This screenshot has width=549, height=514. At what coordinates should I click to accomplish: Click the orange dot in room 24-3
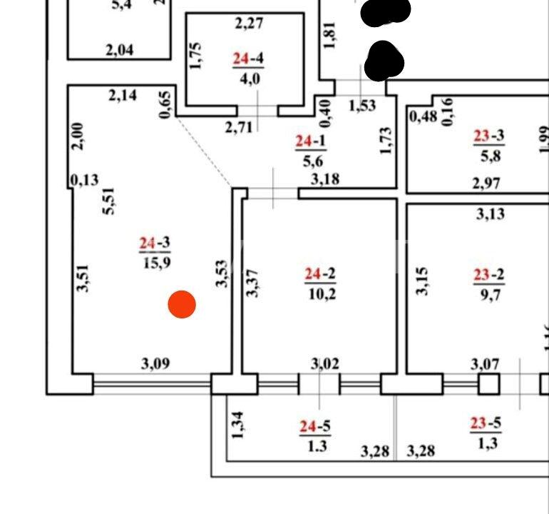point(182,305)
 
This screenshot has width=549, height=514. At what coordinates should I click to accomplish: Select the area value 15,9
point(154,262)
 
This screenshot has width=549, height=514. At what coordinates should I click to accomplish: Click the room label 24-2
point(320,274)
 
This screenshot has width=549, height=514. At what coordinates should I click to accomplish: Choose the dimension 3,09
point(155,363)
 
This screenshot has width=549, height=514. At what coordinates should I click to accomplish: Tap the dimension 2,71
point(240,128)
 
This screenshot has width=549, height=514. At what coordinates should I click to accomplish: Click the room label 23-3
point(488,136)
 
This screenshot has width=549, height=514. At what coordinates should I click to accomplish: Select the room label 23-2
point(488,274)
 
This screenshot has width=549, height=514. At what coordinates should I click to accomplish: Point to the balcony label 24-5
point(314,427)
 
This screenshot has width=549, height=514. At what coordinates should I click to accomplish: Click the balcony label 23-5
point(485,424)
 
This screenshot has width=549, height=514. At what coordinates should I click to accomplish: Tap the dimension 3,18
point(324,178)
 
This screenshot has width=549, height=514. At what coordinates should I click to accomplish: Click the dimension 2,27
point(250,24)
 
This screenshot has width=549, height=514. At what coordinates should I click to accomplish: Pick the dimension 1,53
point(361,106)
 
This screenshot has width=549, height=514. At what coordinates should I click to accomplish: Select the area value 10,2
point(320,293)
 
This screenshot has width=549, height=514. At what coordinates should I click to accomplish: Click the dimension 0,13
point(85,180)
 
